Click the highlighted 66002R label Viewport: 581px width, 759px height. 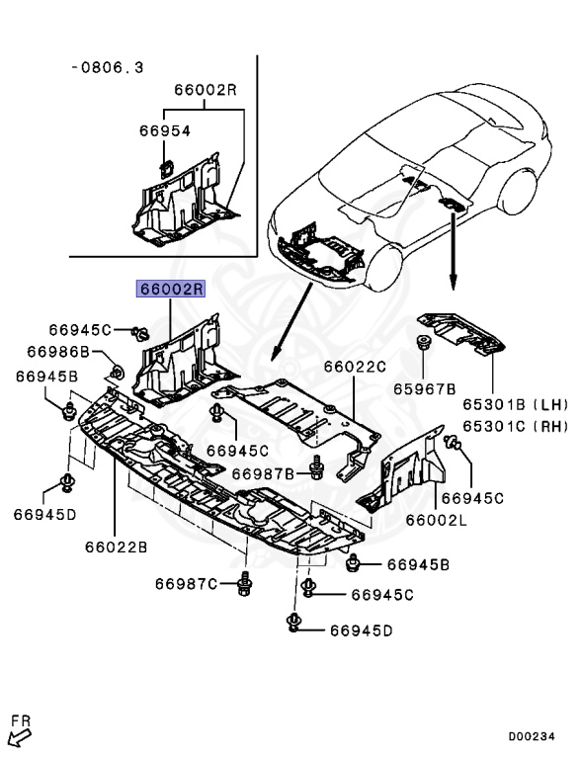point(170,290)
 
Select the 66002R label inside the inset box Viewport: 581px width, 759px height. point(206,89)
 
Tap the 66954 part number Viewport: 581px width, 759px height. point(164,130)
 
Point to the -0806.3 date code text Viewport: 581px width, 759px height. point(108,67)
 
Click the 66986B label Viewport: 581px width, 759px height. point(58,352)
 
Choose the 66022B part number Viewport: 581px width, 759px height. point(116,546)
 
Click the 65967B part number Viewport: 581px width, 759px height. point(424,389)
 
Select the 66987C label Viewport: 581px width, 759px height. point(186,584)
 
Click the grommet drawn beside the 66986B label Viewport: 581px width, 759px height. point(115,373)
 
